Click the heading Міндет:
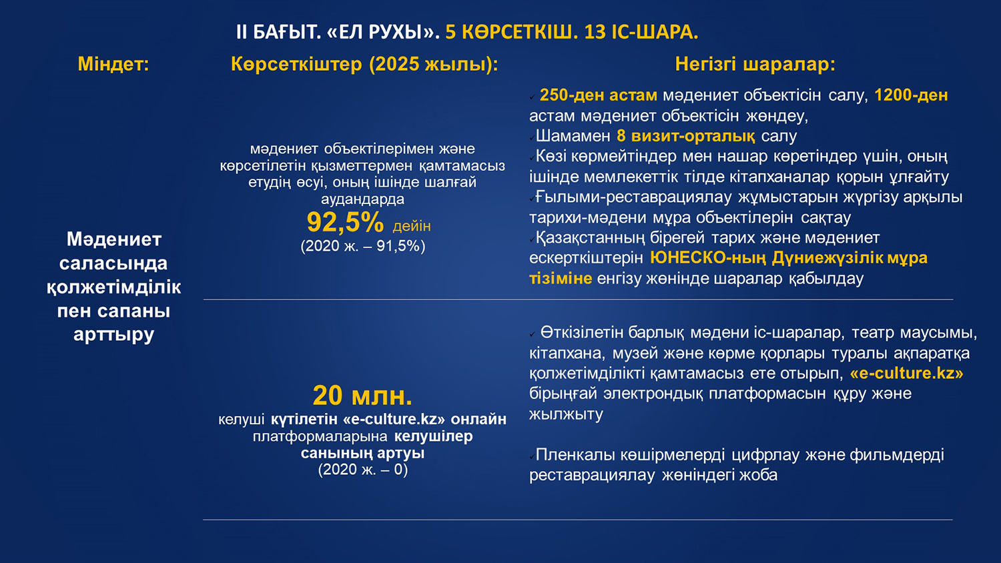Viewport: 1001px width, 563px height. [113, 64]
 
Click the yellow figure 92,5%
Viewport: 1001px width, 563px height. [345, 222]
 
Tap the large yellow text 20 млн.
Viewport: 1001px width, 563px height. [362, 396]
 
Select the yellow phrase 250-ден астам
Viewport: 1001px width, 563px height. [599, 95]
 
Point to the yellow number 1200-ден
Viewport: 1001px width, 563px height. [911, 95]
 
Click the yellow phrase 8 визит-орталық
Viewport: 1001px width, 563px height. [686, 136]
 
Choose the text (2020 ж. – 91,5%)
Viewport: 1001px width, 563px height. [363, 246]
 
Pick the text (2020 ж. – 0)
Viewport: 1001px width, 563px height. [363, 470]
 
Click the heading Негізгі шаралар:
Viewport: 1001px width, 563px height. [755, 64]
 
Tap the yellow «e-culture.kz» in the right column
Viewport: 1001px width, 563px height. [907, 373]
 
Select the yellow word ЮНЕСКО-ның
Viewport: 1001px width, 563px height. [708, 257]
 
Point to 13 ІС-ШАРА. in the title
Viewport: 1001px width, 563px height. [641, 32]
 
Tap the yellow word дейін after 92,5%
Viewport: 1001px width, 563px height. [412, 226]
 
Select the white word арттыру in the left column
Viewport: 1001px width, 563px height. [113, 334]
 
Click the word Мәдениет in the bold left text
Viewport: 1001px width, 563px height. [114, 239]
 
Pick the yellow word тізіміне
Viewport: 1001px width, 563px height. [561, 278]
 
